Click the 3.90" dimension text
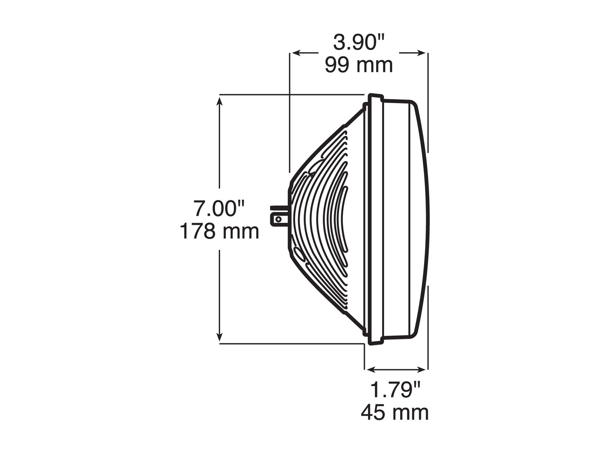click(x=359, y=43)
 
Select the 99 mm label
click(x=359, y=65)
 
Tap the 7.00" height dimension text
click(x=219, y=209)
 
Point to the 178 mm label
click(x=219, y=231)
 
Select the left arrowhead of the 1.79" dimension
click(x=370, y=369)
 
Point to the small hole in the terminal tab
click(x=278, y=220)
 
